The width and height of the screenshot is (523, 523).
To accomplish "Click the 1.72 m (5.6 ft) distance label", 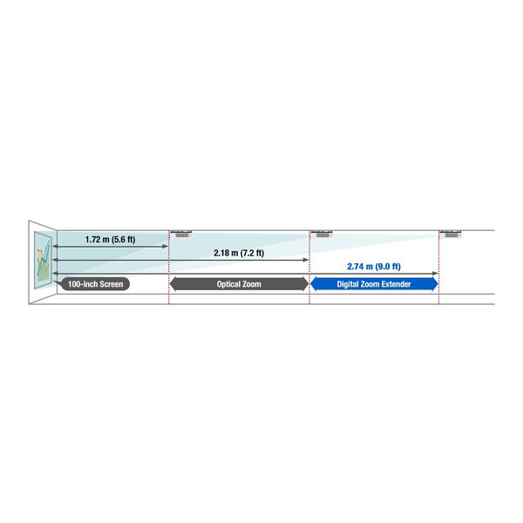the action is [110, 240].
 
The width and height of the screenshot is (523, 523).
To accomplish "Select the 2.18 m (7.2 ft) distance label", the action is [239, 253].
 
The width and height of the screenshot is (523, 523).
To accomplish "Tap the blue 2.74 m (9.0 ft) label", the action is [374, 267].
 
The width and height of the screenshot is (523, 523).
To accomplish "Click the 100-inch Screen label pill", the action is [95, 284].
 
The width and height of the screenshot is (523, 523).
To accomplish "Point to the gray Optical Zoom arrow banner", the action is [239, 284].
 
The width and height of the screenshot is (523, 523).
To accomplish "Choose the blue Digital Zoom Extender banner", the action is [374, 284].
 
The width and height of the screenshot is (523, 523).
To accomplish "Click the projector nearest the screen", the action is [181, 234].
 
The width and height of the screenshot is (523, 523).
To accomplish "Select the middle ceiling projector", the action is [322, 234].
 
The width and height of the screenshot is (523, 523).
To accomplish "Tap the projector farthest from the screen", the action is [451, 234].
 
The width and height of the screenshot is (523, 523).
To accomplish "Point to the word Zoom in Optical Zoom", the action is [252, 284].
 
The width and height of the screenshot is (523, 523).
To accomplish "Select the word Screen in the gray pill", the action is [111, 284].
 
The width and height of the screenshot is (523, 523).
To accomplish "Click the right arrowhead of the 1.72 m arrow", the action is [165, 247].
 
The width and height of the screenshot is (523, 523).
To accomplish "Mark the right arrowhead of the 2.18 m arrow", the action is [306, 260].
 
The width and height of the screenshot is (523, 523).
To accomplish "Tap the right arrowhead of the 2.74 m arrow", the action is [435, 274].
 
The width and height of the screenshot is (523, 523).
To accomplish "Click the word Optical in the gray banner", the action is [228, 284].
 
